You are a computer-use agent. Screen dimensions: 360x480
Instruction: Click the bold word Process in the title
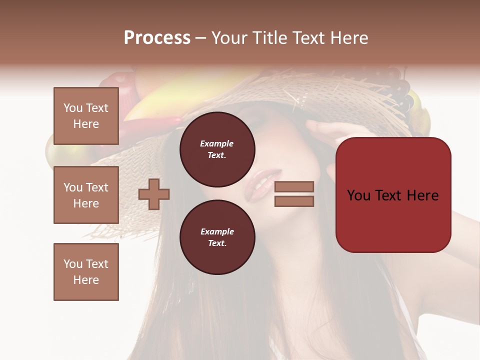157,37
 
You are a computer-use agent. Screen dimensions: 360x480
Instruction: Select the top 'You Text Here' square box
86,116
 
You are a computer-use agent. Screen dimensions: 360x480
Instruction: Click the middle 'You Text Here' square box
86,195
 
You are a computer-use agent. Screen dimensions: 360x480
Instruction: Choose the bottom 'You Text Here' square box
86,272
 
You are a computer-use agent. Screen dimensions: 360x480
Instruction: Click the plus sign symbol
154,194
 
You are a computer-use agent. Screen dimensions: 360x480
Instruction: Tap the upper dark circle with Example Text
217,149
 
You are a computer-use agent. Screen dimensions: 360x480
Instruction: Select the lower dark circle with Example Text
217,237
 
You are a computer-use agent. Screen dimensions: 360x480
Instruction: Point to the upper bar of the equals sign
294,186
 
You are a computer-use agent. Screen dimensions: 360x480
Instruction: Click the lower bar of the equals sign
294,201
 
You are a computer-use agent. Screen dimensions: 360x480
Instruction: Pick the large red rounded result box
393,194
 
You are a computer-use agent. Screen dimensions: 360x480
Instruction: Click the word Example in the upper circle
216,143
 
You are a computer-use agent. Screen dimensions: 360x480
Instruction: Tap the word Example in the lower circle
217,231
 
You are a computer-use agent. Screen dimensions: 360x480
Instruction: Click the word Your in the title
229,37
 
